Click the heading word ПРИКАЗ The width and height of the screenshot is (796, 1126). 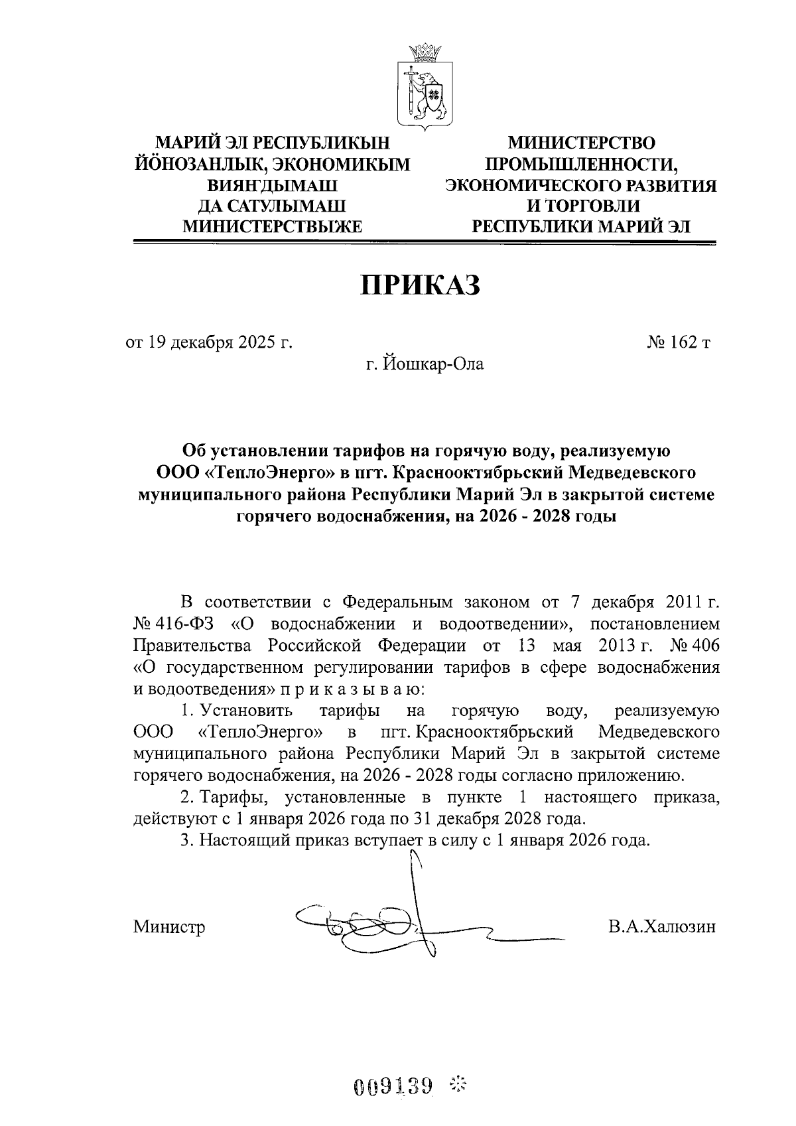tap(419, 285)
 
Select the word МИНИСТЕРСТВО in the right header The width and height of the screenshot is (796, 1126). tap(581, 143)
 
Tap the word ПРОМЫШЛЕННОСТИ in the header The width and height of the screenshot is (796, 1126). tap(581, 164)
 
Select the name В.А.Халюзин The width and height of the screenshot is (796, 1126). tap(662, 926)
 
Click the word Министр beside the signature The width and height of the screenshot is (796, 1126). tap(169, 926)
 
